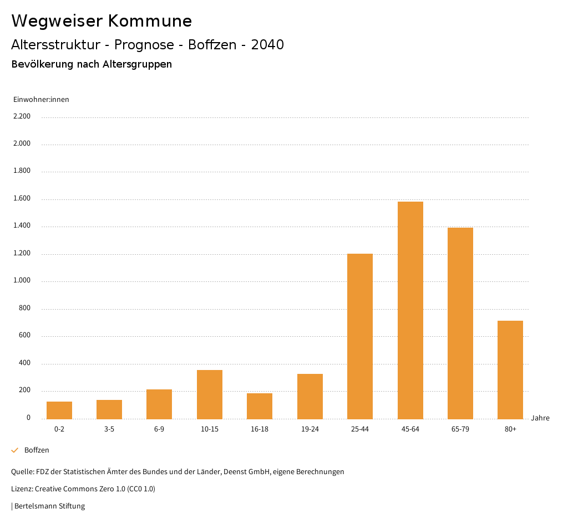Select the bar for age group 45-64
tap(410, 310)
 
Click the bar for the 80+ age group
tap(510, 369)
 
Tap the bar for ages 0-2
tap(59, 410)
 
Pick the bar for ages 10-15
tap(210, 394)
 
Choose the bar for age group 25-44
tap(360, 336)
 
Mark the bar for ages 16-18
tap(260, 406)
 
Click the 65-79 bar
tap(460, 323)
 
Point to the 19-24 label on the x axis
tap(310, 429)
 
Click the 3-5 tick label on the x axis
tap(109, 429)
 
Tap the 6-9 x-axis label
tap(159, 429)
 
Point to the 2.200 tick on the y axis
tap(22, 116)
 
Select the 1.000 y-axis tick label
tap(22, 281)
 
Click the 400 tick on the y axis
tap(24, 363)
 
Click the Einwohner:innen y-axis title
tap(41, 100)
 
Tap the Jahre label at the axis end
tap(540, 418)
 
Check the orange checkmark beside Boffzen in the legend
tap(15, 450)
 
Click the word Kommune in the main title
tap(150, 21)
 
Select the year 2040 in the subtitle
tap(267, 45)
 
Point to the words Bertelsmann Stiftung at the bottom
tap(49, 506)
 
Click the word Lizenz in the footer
tap(22, 489)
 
